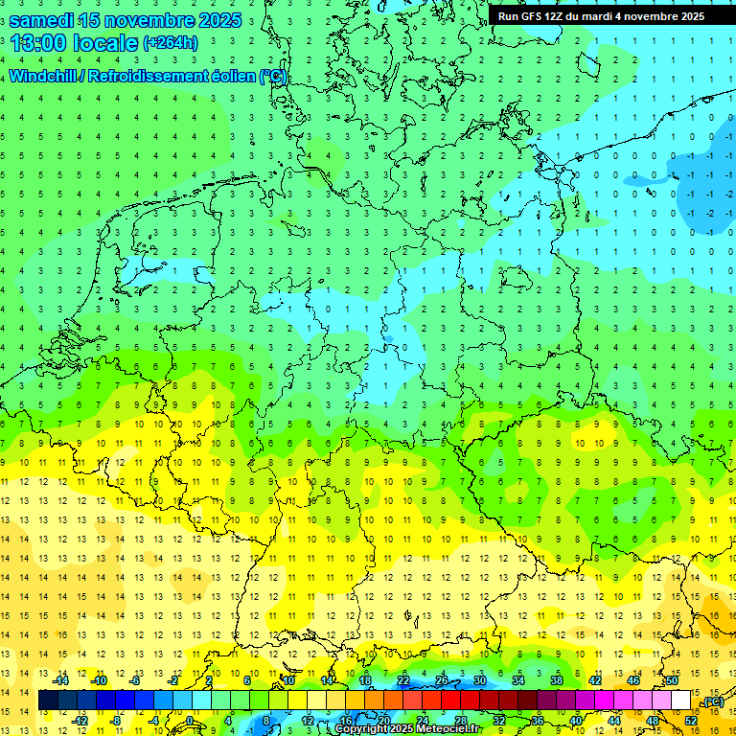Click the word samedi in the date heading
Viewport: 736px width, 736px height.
[43, 18]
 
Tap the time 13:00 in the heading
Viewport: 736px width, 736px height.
[38, 42]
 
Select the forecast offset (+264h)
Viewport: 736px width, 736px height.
[171, 42]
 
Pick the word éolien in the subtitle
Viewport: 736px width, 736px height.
[233, 77]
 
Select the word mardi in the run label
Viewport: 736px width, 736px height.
[610, 16]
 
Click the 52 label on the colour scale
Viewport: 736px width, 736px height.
[691, 721]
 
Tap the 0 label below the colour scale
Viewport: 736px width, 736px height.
[190, 721]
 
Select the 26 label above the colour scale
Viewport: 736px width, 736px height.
[441, 680]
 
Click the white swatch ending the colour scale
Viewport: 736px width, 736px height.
[680, 701]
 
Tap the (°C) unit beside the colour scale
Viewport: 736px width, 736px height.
[713, 701]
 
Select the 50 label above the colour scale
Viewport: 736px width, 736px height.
[671, 680]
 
